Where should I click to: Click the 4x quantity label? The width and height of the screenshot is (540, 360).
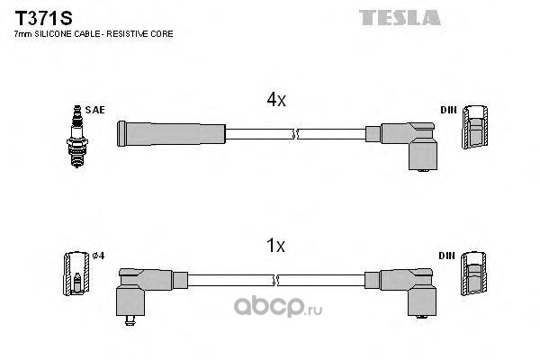(x=275, y=102)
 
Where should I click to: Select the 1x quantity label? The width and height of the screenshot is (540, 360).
(x=275, y=245)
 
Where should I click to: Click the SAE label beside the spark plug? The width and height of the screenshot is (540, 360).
(x=96, y=109)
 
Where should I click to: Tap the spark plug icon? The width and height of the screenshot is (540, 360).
(x=76, y=133)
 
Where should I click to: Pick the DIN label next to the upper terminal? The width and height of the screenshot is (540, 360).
(x=447, y=110)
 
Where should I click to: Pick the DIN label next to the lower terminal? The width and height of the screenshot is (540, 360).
(x=447, y=255)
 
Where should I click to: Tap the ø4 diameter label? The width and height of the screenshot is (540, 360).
(x=99, y=256)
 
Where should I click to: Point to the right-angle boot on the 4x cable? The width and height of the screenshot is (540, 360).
(x=409, y=144)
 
